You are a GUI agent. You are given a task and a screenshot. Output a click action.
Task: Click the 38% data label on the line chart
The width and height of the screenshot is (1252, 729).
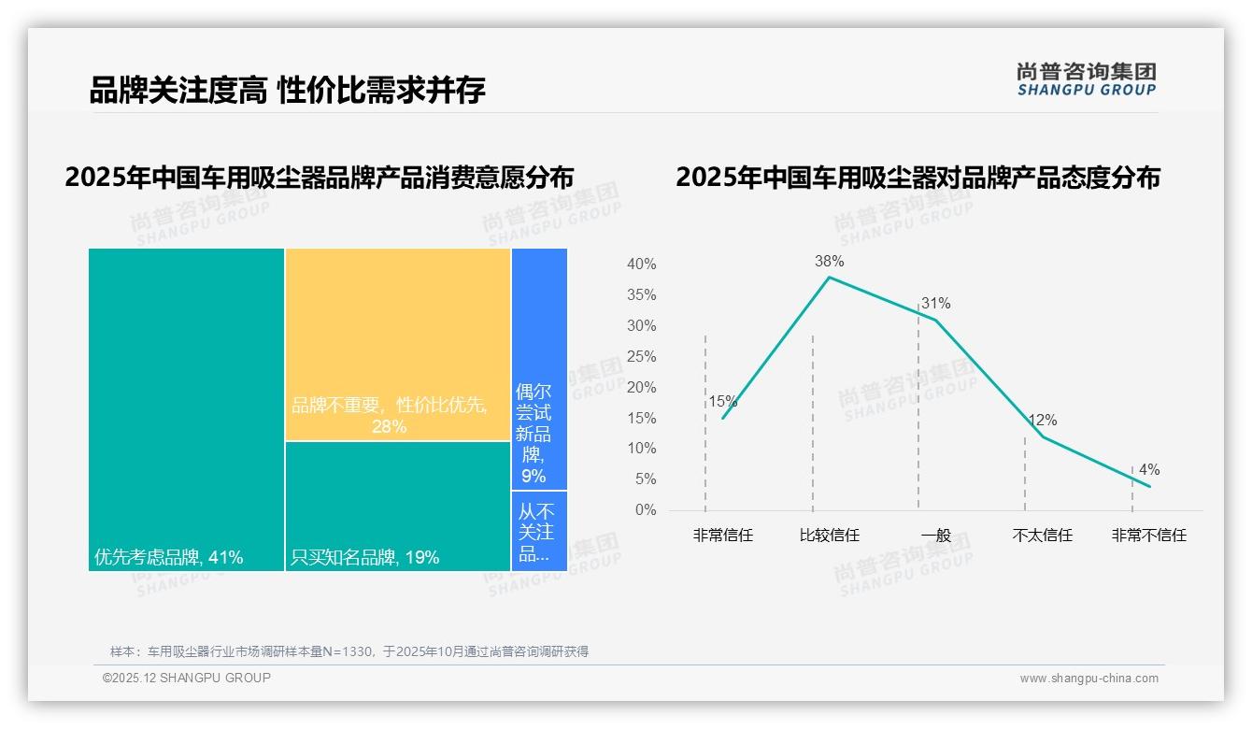829,262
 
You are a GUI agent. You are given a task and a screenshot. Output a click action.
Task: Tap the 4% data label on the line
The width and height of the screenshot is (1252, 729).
1149,470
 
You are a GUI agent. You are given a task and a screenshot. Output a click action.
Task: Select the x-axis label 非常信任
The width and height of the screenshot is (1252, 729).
722,536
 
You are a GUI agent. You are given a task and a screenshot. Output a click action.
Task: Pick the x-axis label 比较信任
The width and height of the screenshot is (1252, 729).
829,536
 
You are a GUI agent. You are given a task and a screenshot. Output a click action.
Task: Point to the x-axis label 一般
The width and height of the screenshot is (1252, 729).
935,536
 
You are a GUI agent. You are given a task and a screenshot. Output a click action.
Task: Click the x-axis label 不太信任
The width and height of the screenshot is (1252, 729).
1042,536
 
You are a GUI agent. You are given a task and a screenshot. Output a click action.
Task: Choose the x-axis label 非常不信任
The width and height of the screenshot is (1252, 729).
1148,536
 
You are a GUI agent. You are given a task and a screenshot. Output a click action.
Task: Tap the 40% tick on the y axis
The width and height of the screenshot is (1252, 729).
641,264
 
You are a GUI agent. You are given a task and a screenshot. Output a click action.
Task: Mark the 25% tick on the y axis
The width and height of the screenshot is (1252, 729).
641,357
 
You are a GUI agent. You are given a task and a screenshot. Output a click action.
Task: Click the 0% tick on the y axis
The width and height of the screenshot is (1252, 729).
646,510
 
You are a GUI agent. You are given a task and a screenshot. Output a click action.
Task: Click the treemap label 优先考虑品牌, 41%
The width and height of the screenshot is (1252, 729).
169,558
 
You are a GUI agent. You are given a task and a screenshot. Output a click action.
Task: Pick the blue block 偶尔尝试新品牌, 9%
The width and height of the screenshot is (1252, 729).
539,368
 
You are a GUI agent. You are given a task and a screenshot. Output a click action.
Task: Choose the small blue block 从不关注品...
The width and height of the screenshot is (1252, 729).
539,531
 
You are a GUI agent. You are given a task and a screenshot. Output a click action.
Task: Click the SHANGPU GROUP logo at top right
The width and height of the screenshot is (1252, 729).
1086,79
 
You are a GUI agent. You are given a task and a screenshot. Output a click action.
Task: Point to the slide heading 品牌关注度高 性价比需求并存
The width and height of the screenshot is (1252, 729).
287,91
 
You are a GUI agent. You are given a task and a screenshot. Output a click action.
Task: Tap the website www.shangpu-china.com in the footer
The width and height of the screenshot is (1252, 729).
1088,679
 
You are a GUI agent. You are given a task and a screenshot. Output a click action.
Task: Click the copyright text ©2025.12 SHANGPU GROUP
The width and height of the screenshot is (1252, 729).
187,678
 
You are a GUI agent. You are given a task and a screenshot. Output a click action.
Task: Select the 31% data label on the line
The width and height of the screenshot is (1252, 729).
935,304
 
